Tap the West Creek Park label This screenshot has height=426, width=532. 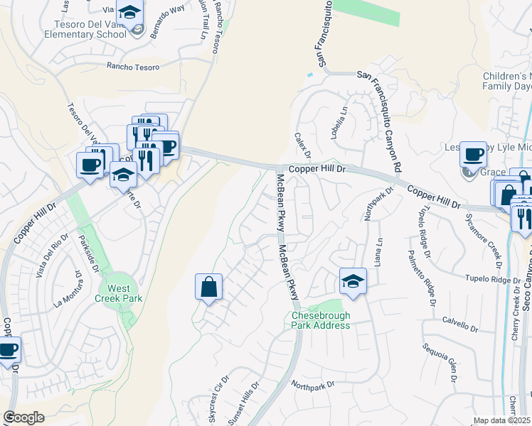[x=119, y=293]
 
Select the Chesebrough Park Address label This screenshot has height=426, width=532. [x=321, y=320]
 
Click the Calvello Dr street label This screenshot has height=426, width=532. [x=459, y=327]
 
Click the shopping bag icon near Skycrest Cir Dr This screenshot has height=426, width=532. [x=208, y=288]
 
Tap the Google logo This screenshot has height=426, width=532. [x=24, y=417]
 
